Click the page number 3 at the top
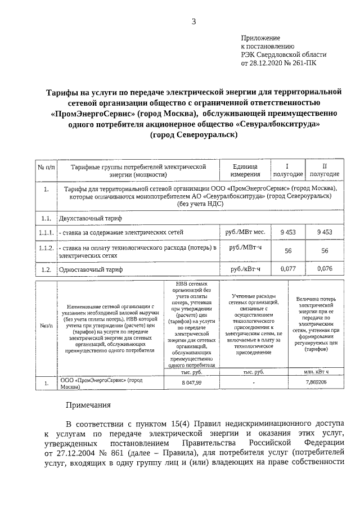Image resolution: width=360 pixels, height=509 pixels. pyautogui.click(x=193, y=22)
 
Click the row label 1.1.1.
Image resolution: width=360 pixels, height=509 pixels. pyautogui.click(x=46, y=232)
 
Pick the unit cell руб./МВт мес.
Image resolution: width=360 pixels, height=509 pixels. pyautogui.click(x=245, y=232)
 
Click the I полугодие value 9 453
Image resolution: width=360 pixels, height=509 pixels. pyautogui.click(x=287, y=232)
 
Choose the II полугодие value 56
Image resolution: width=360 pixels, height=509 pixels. pyautogui.click(x=324, y=251)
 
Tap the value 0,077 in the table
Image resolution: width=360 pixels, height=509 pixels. pyautogui.click(x=287, y=269)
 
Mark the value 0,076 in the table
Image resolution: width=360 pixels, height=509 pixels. pyautogui.click(x=324, y=269)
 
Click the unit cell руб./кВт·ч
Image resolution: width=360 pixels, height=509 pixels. pyautogui.click(x=245, y=269)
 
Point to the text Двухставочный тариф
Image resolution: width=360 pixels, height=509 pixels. pyautogui.click(x=89, y=217)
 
